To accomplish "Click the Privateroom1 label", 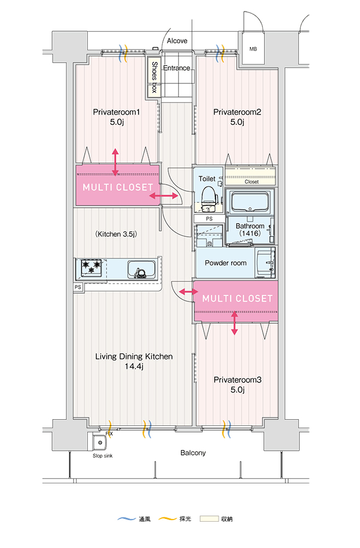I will coord(117,112).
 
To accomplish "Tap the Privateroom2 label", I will coord(237,112).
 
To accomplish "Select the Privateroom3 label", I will coord(237,380).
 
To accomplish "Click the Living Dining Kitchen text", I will coord(134,357).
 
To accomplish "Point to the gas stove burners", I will coord(92,267).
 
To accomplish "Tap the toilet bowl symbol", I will coord(208,196).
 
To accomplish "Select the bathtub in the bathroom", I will coord(249,202).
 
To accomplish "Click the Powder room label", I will coord(226,263).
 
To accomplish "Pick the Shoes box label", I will coord(155,77).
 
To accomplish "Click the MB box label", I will coord(253,49).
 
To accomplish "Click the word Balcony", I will coord(193,453).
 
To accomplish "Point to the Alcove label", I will coord(177,41).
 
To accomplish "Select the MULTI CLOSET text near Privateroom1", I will coord(118,187).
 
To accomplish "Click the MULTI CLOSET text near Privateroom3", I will coord(237,299).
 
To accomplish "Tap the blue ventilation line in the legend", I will coord(126,518).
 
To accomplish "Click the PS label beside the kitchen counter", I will coord(78,287).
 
